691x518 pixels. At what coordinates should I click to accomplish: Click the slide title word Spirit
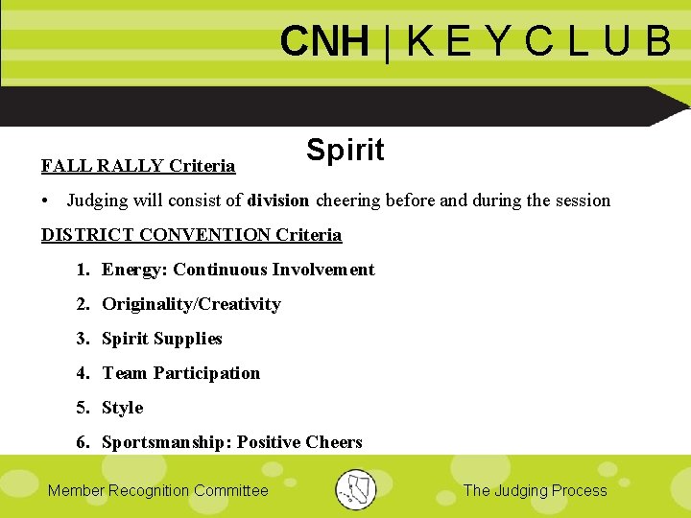[x=345, y=151]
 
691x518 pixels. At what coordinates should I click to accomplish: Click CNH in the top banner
[x=324, y=42]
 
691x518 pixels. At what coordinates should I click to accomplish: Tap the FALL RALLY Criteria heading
[x=138, y=166]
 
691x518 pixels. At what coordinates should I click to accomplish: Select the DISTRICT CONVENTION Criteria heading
[x=191, y=235]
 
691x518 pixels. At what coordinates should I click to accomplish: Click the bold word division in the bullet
[x=278, y=200]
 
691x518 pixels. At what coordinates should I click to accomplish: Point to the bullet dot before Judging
[x=46, y=200]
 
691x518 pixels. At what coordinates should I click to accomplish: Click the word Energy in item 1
[x=132, y=270]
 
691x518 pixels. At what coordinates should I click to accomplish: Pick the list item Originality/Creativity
[x=191, y=304]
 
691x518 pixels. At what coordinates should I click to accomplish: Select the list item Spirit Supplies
[x=162, y=339]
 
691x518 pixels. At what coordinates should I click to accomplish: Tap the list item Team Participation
[x=181, y=373]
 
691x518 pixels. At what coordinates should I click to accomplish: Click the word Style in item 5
[x=123, y=408]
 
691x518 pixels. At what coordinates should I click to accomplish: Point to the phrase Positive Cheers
[x=299, y=442]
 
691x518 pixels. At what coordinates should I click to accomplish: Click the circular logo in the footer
[x=356, y=489]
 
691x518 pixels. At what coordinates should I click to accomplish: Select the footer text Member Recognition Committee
[x=158, y=490]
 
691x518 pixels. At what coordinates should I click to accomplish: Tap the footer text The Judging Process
[x=535, y=490]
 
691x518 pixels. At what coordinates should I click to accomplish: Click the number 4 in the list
[x=82, y=373]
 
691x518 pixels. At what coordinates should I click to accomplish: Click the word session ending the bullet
[x=582, y=200]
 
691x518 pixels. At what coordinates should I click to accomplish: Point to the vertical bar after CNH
[x=387, y=42]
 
